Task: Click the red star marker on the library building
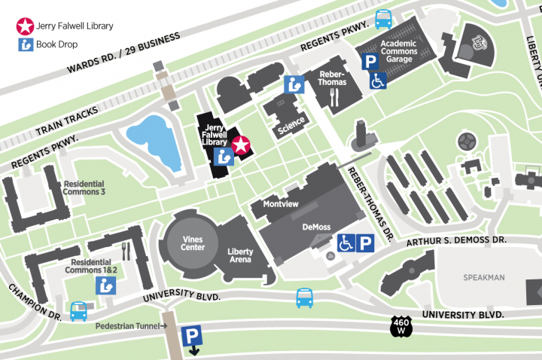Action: (241, 145)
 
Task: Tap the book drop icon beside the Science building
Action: (294, 85)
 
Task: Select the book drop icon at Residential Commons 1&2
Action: (105, 285)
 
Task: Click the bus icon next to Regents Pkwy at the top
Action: (384, 18)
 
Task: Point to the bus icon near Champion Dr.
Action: (79, 311)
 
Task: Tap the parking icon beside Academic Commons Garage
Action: (370, 63)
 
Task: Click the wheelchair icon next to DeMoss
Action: (345, 243)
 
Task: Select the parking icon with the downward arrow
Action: (193, 337)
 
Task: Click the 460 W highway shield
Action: (401, 326)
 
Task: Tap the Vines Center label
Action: (193, 243)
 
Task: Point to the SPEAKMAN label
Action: (483, 277)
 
